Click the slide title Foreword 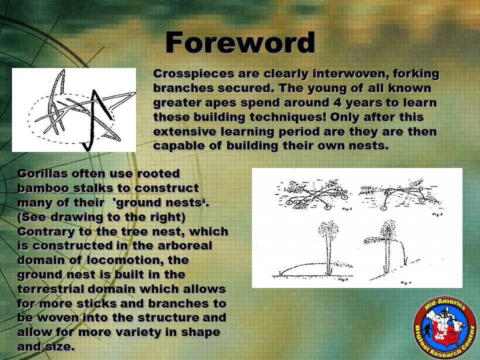[x=241, y=42]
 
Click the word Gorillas [x=43, y=173]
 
